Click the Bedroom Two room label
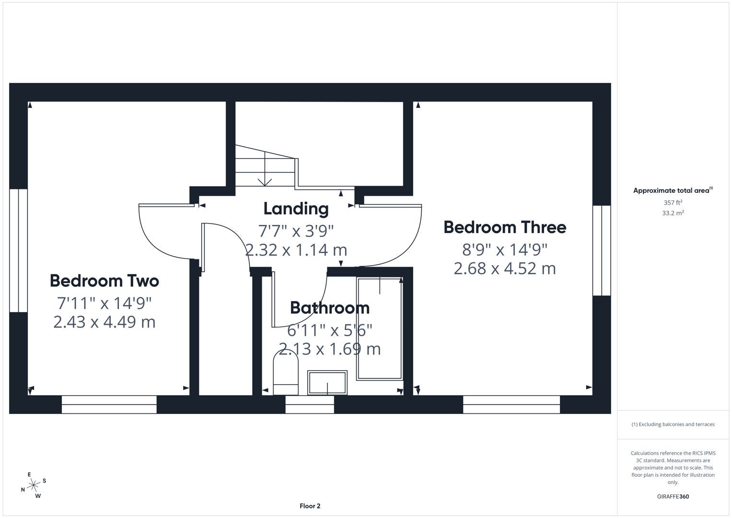104,281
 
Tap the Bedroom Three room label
504,227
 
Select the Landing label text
296,209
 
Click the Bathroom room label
329,308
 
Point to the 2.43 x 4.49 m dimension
104,322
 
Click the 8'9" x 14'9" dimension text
504,250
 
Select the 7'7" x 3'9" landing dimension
296,231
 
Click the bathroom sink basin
327,382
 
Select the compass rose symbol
33,486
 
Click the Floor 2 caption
310,506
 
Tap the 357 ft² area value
673,203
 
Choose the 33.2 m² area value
673,213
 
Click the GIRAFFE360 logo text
673,497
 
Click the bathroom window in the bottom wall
310,404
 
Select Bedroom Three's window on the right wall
601,250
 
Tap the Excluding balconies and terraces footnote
673,424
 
